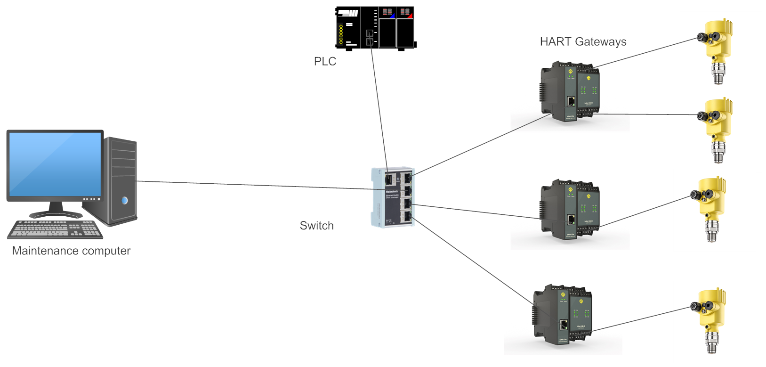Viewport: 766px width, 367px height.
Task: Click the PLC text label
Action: (325, 62)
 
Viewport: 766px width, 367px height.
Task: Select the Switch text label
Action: (316, 226)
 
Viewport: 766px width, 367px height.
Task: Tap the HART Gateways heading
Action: (583, 42)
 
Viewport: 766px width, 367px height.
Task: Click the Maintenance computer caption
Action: (71, 251)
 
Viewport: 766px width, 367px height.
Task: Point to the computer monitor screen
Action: (55, 163)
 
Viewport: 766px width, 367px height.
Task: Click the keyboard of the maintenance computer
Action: (55, 229)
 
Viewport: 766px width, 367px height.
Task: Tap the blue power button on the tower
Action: (125, 201)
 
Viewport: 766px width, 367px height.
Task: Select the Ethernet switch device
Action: (393, 197)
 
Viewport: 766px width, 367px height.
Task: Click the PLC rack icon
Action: (375, 27)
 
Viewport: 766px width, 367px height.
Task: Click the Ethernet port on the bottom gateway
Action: (564, 324)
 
